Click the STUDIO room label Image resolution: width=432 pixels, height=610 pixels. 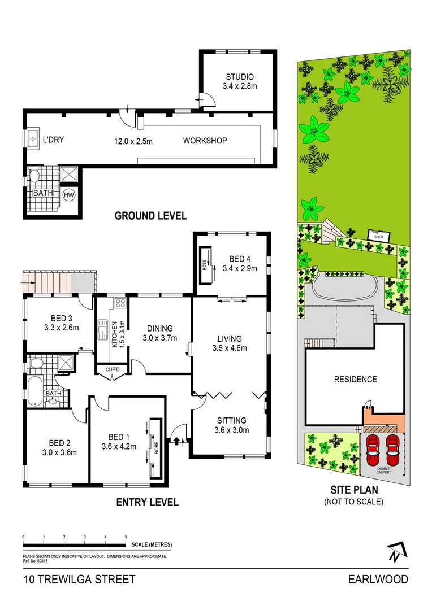(240, 77)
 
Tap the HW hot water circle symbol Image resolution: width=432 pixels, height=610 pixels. (70, 195)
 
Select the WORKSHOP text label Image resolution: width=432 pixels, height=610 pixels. (205, 141)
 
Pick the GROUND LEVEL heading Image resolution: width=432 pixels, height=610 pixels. (150, 216)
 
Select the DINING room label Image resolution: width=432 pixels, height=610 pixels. (159, 328)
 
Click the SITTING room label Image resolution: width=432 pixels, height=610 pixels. (232, 420)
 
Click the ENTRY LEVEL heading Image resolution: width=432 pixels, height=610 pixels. (147, 502)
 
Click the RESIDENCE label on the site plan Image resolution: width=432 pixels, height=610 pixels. (355, 379)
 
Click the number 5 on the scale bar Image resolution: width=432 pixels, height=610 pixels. (126, 537)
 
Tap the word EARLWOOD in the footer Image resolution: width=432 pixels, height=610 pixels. (378, 579)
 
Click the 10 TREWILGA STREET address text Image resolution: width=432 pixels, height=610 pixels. (80, 579)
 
